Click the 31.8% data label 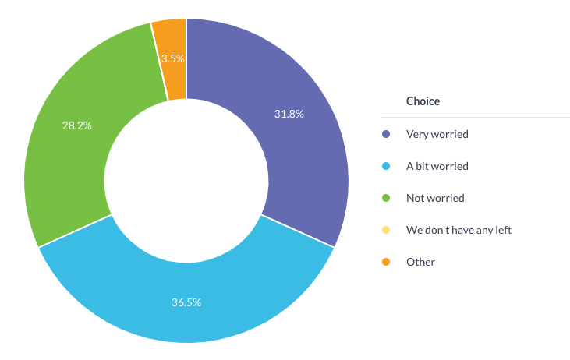tap(289, 114)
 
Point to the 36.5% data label tap(186, 302)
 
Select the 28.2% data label tap(76, 125)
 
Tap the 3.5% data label tap(172, 58)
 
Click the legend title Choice tap(423, 101)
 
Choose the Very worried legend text tap(437, 134)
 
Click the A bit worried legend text tap(437, 166)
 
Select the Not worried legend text tap(435, 198)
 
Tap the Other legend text tap(420, 262)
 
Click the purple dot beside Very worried tap(386, 134)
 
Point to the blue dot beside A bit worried tap(386, 166)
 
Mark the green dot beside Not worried tap(386, 198)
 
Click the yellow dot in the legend tap(386, 230)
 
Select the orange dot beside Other tap(386, 262)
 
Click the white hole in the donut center tap(186, 180)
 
